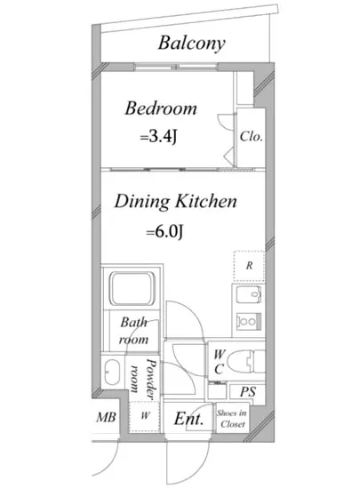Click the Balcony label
click(x=191, y=44)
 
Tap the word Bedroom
click(x=161, y=108)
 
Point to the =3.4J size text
click(x=158, y=136)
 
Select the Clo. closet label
click(x=251, y=136)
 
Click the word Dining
click(x=142, y=202)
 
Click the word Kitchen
click(x=206, y=201)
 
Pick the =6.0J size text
click(x=164, y=232)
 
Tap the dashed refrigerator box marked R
click(x=249, y=266)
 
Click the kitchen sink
click(x=248, y=295)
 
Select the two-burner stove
click(x=248, y=321)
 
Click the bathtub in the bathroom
click(x=132, y=288)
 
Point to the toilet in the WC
click(x=246, y=361)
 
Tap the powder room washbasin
click(x=112, y=373)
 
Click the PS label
click(x=248, y=392)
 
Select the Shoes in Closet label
click(x=232, y=419)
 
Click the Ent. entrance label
click(x=188, y=419)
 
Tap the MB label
click(x=106, y=417)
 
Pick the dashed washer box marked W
click(x=145, y=416)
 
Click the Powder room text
click(x=143, y=378)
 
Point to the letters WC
click(x=220, y=362)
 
